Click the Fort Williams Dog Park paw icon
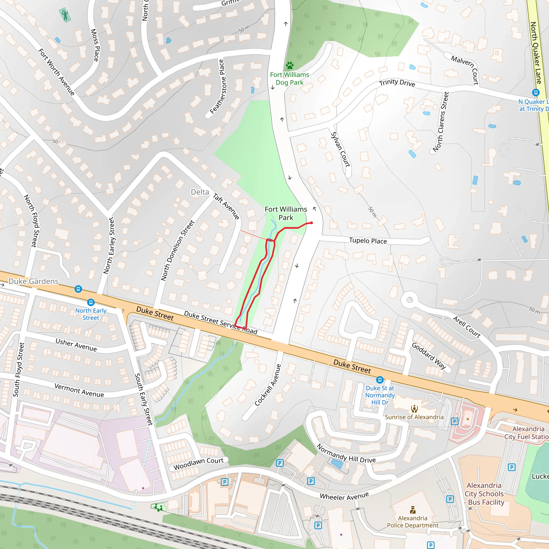click(x=290, y=66)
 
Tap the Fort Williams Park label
click(x=286, y=213)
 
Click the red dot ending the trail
click(x=311, y=223)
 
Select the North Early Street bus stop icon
click(x=91, y=302)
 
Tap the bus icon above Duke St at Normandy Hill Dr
click(x=380, y=380)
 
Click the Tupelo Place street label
click(x=368, y=241)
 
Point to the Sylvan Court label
click(x=340, y=150)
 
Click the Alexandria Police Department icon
click(x=413, y=510)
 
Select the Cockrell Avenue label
click(x=268, y=385)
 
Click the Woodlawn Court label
click(x=198, y=464)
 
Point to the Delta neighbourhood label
click(x=200, y=192)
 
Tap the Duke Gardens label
click(x=34, y=281)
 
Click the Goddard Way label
click(x=429, y=356)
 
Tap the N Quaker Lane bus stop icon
click(x=536, y=92)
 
